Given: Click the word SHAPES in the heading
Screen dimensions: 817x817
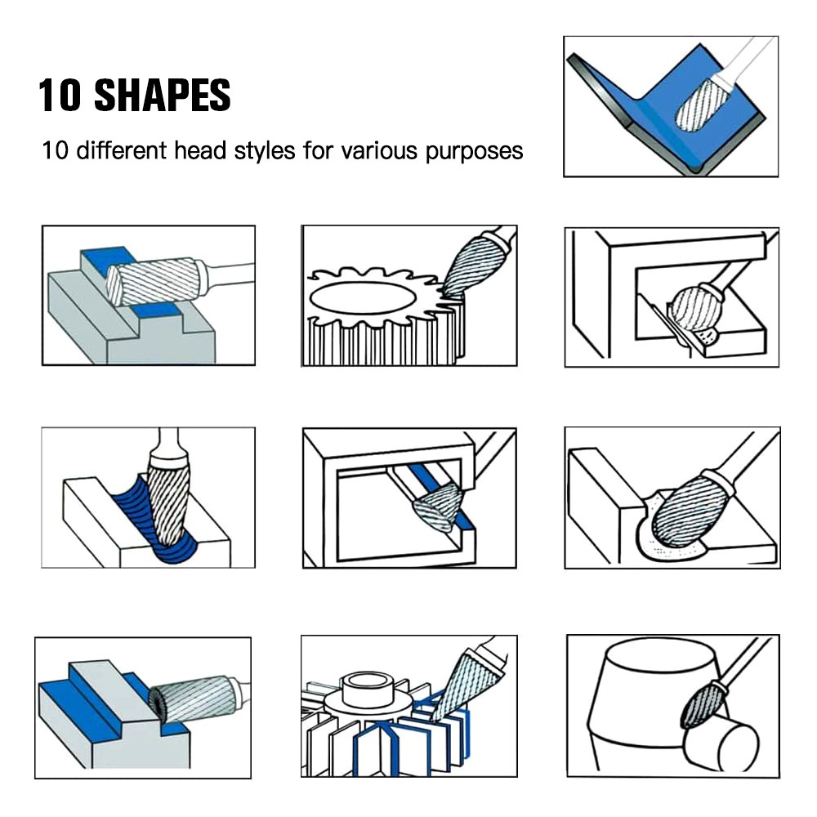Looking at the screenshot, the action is (162, 95).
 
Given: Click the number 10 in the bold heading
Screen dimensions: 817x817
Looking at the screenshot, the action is (60, 95).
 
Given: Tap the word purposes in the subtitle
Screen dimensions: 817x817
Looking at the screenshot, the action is (474, 151).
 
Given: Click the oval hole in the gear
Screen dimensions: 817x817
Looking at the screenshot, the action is (363, 298).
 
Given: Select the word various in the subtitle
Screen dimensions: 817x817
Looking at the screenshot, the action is (379, 150).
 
